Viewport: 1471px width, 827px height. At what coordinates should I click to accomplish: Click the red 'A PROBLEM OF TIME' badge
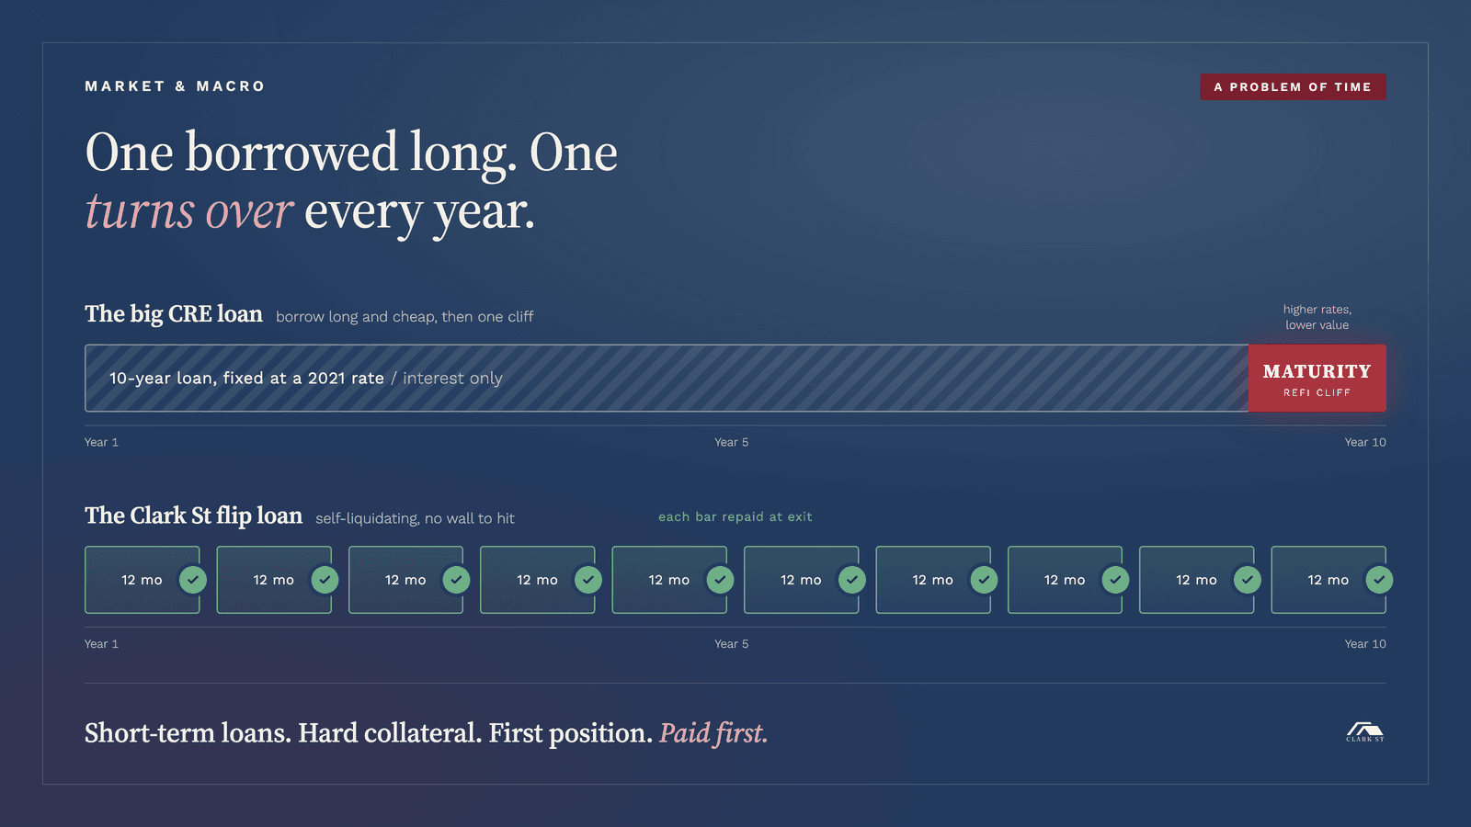(x=1293, y=86)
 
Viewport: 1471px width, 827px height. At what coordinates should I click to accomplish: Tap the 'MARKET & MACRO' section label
(x=175, y=86)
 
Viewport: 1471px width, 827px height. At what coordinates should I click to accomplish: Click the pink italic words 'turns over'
(x=189, y=211)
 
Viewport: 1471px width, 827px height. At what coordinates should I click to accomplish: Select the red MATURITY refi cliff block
(x=1317, y=378)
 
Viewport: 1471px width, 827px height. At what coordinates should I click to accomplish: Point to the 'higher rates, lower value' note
(x=1317, y=317)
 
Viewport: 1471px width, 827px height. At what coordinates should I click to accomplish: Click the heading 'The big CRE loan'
(x=174, y=313)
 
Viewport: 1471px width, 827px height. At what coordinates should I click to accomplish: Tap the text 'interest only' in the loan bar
(x=452, y=378)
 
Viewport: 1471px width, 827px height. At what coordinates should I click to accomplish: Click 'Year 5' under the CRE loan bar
(x=731, y=442)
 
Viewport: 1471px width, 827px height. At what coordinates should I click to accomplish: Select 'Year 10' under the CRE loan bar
(x=1364, y=442)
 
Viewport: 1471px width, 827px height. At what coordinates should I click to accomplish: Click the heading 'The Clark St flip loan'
(x=193, y=515)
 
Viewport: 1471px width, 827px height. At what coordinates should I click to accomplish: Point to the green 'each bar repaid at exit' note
(x=735, y=516)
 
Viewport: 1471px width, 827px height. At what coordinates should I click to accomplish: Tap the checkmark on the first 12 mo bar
(x=193, y=580)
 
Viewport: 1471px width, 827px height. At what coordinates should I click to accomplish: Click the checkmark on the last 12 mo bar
(x=1379, y=580)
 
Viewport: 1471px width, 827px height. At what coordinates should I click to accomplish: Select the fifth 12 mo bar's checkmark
(x=721, y=580)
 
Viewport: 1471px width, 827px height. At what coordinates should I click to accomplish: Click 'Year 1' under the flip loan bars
(x=101, y=644)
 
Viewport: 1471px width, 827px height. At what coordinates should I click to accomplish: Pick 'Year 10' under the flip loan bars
(x=1364, y=644)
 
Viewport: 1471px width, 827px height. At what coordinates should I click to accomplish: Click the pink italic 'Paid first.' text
(x=713, y=733)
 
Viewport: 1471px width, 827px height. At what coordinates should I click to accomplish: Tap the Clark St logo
(x=1364, y=732)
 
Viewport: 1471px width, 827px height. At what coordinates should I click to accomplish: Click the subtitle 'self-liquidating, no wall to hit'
(x=415, y=518)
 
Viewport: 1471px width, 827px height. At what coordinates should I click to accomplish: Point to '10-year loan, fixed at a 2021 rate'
(x=246, y=378)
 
